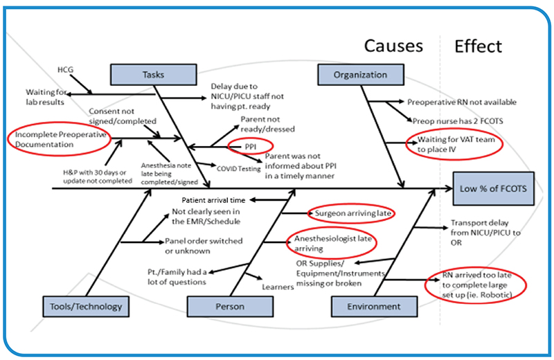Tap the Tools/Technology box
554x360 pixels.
[x=86, y=306]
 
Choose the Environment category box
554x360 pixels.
[x=366, y=306]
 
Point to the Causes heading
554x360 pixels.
[x=393, y=46]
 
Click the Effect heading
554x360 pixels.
[x=478, y=46]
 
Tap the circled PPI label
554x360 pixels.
[x=250, y=146]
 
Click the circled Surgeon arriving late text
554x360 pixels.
[x=351, y=213]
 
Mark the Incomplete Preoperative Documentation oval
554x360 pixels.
[x=59, y=140]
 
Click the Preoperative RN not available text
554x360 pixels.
[x=461, y=102]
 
